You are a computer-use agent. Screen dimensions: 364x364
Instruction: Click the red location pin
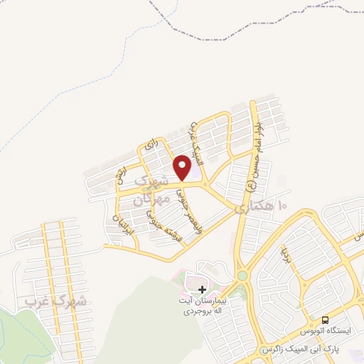(x=182, y=167)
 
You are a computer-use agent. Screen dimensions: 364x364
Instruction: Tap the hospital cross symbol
(x=203, y=289)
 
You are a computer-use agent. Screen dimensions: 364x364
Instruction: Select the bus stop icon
(x=325, y=321)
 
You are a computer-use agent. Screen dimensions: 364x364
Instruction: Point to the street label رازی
(x=149, y=144)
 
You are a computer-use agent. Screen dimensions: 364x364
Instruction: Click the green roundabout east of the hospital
(x=242, y=275)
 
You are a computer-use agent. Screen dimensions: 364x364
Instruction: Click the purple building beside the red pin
(x=190, y=171)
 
